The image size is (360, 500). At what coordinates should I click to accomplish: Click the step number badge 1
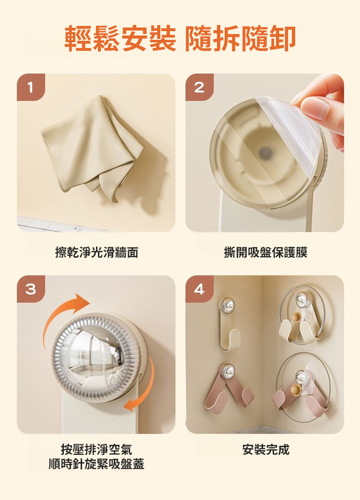pos(31,87)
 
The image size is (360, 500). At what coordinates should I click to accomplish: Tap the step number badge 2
pos(199,87)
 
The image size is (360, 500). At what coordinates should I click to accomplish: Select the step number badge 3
pos(31,289)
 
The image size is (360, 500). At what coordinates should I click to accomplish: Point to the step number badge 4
pos(199,289)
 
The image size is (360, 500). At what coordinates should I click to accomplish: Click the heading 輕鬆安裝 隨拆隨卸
pos(180,38)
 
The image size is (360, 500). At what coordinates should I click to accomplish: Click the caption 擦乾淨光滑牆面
pos(96,252)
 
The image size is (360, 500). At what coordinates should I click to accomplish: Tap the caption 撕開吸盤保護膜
pos(265,252)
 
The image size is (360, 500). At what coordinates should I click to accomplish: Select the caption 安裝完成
pos(265,450)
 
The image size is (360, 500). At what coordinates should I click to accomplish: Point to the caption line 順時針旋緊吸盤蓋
pos(96,464)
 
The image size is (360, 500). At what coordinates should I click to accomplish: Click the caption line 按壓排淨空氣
pos(96,450)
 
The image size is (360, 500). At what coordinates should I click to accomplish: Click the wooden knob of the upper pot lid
pos(296,317)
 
